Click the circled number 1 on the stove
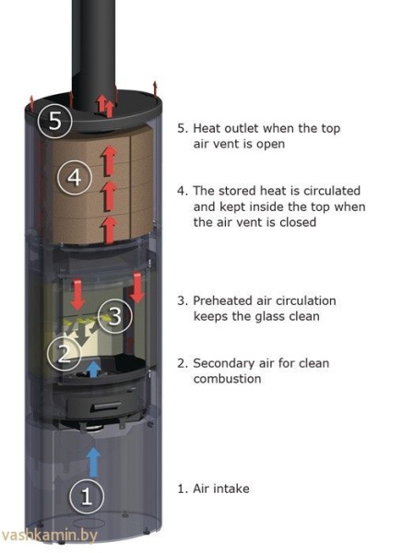87,496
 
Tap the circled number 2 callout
64,353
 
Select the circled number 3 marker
115,315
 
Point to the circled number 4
75,177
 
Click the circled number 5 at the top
54,121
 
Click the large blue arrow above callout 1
93,463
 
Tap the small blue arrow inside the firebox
93,369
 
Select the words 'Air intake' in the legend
221,488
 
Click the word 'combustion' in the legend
228,379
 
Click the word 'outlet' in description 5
237,128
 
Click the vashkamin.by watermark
49,535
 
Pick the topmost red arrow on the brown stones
109,160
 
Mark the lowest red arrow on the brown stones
110,229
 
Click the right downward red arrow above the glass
137,288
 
